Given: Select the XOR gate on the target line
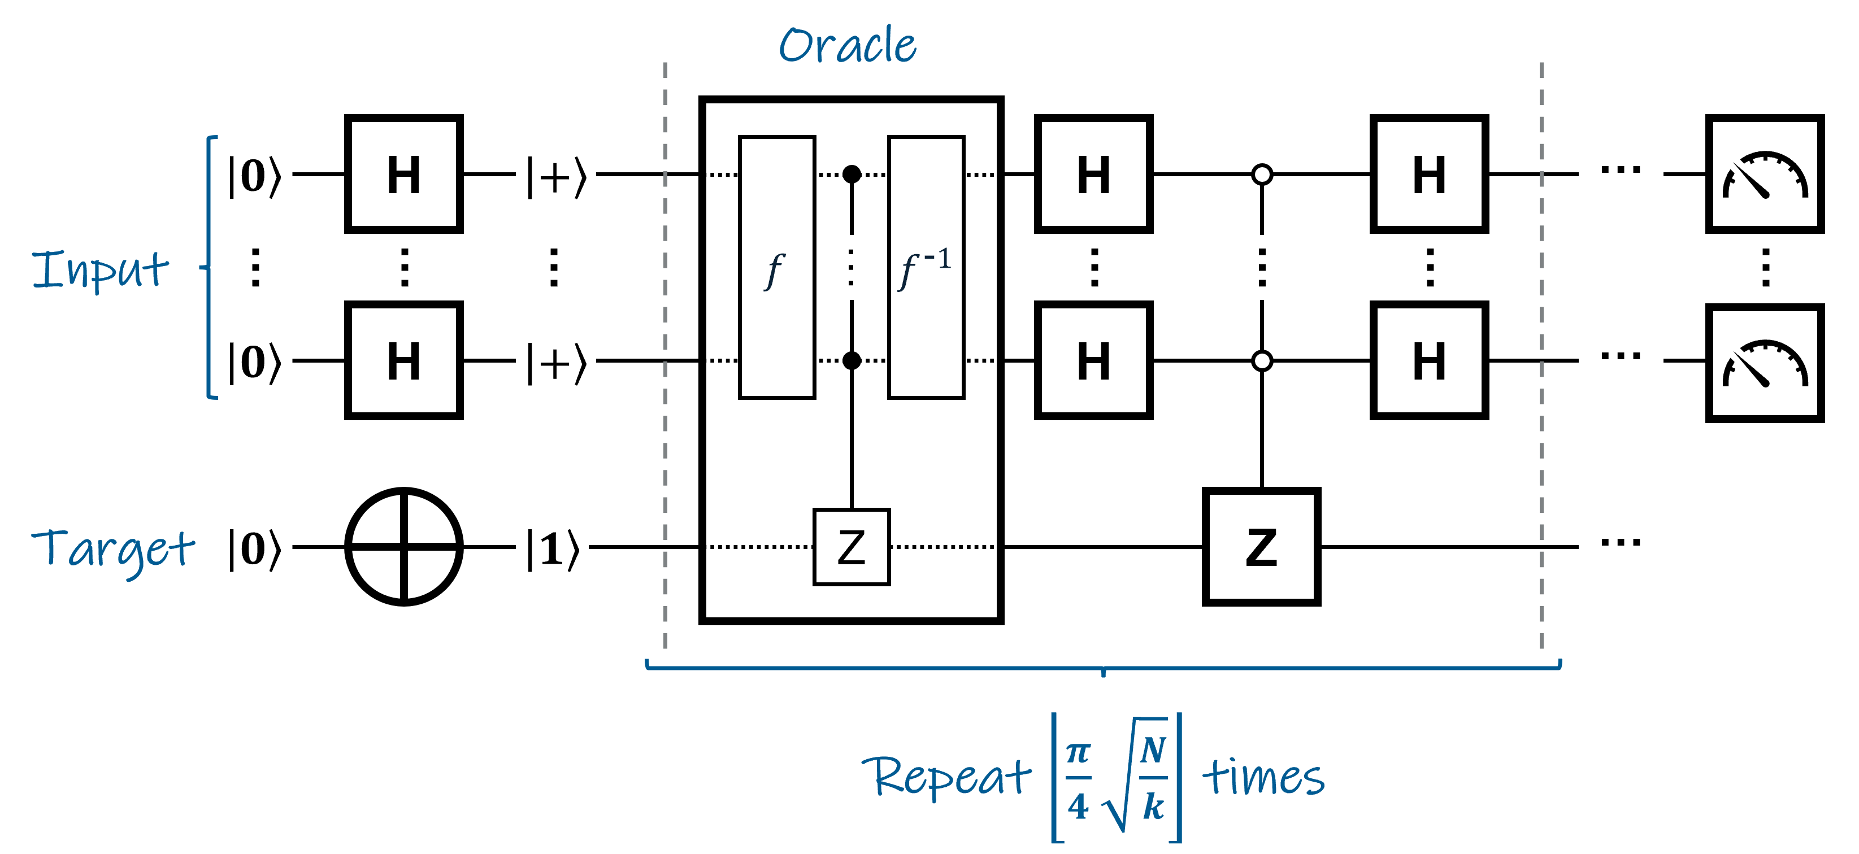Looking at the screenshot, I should tap(404, 547).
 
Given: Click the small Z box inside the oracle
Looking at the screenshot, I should tap(852, 547).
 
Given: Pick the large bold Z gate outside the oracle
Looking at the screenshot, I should tap(1261, 547).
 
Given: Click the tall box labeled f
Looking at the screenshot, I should tap(776, 267).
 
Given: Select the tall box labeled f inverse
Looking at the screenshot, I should tap(926, 267).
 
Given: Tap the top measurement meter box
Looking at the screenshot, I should tap(1765, 174).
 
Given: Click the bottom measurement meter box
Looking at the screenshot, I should tap(1765, 363).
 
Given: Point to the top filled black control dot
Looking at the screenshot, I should tap(852, 174).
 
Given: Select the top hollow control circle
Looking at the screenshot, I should tap(1261, 174).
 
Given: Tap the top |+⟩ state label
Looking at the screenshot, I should tap(555, 176).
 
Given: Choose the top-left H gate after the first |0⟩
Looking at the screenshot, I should tap(404, 174).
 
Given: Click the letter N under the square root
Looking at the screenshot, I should tap(1153, 750).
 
